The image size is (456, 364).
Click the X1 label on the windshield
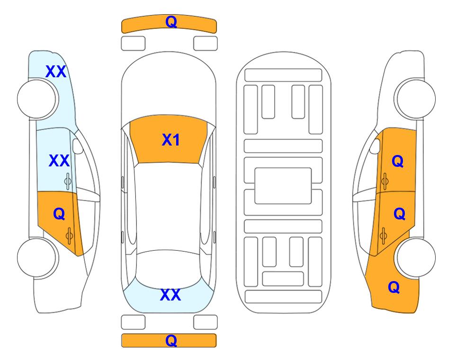[171, 140]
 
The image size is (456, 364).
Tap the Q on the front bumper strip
[171, 21]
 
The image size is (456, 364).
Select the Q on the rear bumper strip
[171, 340]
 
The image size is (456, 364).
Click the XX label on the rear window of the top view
[170, 295]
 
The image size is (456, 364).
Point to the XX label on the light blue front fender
[56, 72]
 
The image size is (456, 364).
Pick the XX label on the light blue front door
[59, 161]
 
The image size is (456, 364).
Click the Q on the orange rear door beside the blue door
[59, 214]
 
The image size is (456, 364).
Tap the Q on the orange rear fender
[394, 287]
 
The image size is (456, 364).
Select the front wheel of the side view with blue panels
[37, 99]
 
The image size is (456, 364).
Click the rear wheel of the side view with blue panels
[37, 257]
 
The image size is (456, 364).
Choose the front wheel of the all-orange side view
[415, 99]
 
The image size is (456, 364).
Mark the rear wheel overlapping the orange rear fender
[415, 257]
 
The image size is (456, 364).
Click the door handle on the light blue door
[68, 181]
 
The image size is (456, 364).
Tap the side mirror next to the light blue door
[77, 146]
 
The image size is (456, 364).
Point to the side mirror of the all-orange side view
[375, 146]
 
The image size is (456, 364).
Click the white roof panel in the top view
[169, 207]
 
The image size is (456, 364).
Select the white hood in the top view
[169, 87]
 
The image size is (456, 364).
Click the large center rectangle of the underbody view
[283, 186]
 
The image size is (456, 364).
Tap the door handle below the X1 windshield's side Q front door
[384, 181]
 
